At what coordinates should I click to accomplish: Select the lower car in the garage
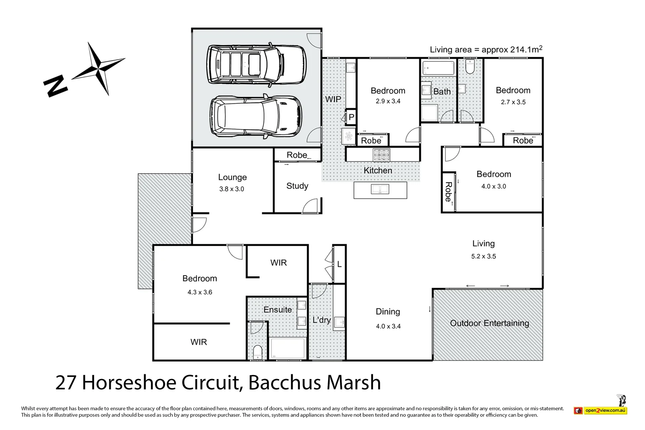coord(256,116)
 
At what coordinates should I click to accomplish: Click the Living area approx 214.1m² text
coord(485,49)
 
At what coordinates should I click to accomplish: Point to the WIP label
coord(333,99)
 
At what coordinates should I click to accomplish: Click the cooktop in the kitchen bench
coord(381,154)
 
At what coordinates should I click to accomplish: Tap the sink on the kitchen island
coord(380,189)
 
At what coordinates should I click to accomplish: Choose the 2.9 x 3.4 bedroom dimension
coord(388,102)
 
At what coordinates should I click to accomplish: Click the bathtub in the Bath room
coord(438,68)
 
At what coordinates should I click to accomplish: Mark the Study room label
coord(297,186)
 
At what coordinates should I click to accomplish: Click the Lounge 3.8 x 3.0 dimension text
coord(231,189)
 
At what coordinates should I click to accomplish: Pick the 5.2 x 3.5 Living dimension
coord(483,256)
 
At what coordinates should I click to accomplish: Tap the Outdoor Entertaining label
coord(489,323)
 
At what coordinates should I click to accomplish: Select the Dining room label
coord(388,312)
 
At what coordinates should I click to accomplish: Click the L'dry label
coord(321,320)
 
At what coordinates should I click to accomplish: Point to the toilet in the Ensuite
coord(258,352)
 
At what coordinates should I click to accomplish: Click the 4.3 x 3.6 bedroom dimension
coord(199,292)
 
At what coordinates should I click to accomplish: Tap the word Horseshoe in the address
coord(129,383)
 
